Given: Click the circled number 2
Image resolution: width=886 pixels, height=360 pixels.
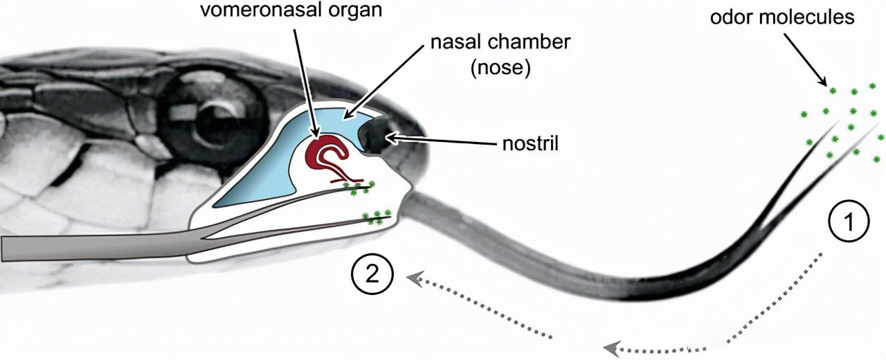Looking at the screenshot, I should pos(372,275).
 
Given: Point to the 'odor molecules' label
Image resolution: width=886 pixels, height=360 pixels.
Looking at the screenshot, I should pos(782,17).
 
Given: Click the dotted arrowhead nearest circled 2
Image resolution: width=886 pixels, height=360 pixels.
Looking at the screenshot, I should pos(414,279).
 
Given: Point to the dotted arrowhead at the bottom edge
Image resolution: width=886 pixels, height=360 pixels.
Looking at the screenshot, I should pos(610,348).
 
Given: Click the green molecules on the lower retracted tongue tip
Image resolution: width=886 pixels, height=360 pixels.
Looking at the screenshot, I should pos(378,217).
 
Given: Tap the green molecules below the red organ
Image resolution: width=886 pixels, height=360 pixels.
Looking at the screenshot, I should pos(357,185).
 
